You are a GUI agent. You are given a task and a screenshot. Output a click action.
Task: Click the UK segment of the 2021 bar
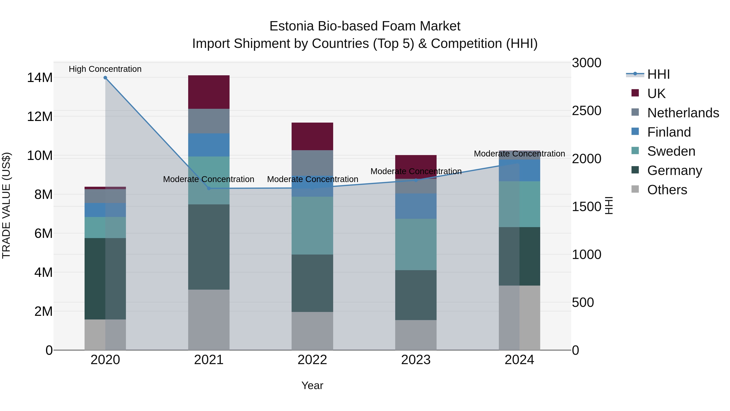point(209,92)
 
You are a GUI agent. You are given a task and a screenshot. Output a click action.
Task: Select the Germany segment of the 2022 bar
point(312,283)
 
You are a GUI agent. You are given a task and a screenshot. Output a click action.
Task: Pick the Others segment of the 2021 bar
point(209,320)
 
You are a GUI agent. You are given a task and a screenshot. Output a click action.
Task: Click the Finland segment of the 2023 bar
point(416,206)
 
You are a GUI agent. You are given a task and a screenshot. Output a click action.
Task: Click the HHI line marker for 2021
point(209,188)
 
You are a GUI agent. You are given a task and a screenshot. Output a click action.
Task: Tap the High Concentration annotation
point(105,69)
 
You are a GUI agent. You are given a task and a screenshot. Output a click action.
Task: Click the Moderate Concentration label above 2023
point(416,171)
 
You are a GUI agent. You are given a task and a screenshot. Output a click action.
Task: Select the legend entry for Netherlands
point(683,113)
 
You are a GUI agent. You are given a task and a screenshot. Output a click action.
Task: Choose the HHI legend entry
point(658,74)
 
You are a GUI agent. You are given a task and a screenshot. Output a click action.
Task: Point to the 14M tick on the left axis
point(40,78)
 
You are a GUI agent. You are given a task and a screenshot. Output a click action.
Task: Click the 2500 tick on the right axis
point(586,111)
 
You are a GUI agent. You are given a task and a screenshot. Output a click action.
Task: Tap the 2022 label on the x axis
point(312,360)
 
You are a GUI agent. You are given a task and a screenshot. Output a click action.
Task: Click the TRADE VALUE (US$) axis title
point(6,205)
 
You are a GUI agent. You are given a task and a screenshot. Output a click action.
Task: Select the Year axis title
point(312,385)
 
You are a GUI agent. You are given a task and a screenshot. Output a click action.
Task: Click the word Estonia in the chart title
point(292,26)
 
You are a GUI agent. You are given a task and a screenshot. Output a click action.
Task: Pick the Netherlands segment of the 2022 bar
point(312,163)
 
